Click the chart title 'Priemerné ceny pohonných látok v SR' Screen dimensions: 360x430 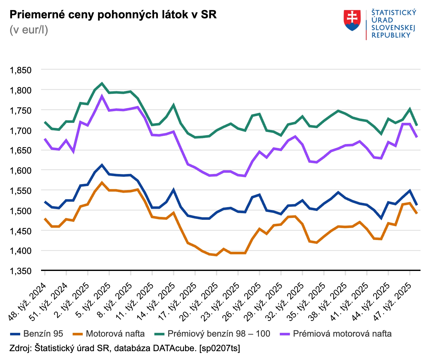click(x=113, y=15)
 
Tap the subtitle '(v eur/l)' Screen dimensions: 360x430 click(x=29, y=30)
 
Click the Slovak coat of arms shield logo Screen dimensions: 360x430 click(x=352, y=20)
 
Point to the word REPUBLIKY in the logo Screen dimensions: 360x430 click(x=391, y=35)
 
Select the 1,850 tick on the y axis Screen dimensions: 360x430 click(x=21, y=70)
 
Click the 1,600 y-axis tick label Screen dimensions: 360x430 click(x=21, y=171)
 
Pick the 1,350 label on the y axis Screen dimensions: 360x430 click(x=21, y=271)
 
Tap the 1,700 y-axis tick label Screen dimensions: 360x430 click(x=21, y=130)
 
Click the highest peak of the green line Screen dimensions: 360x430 click(x=102, y=84)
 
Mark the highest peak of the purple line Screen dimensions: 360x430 click(x=102, y=96)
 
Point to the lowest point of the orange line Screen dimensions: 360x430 click(x=216, y=255)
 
